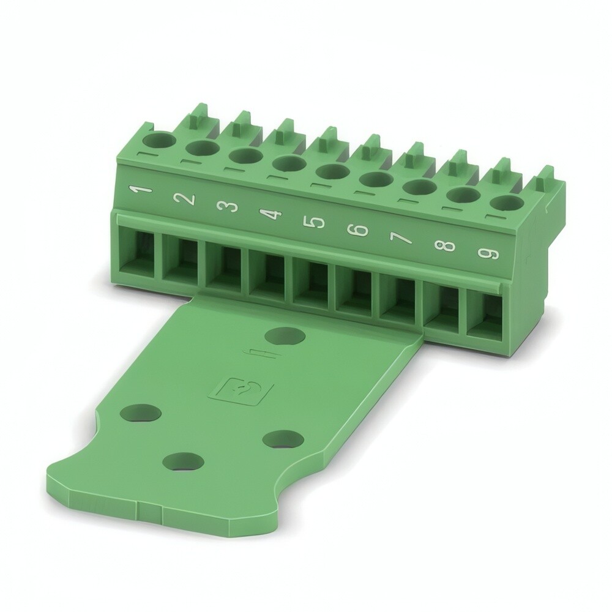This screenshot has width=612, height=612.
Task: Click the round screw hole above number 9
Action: tap(507, 204)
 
